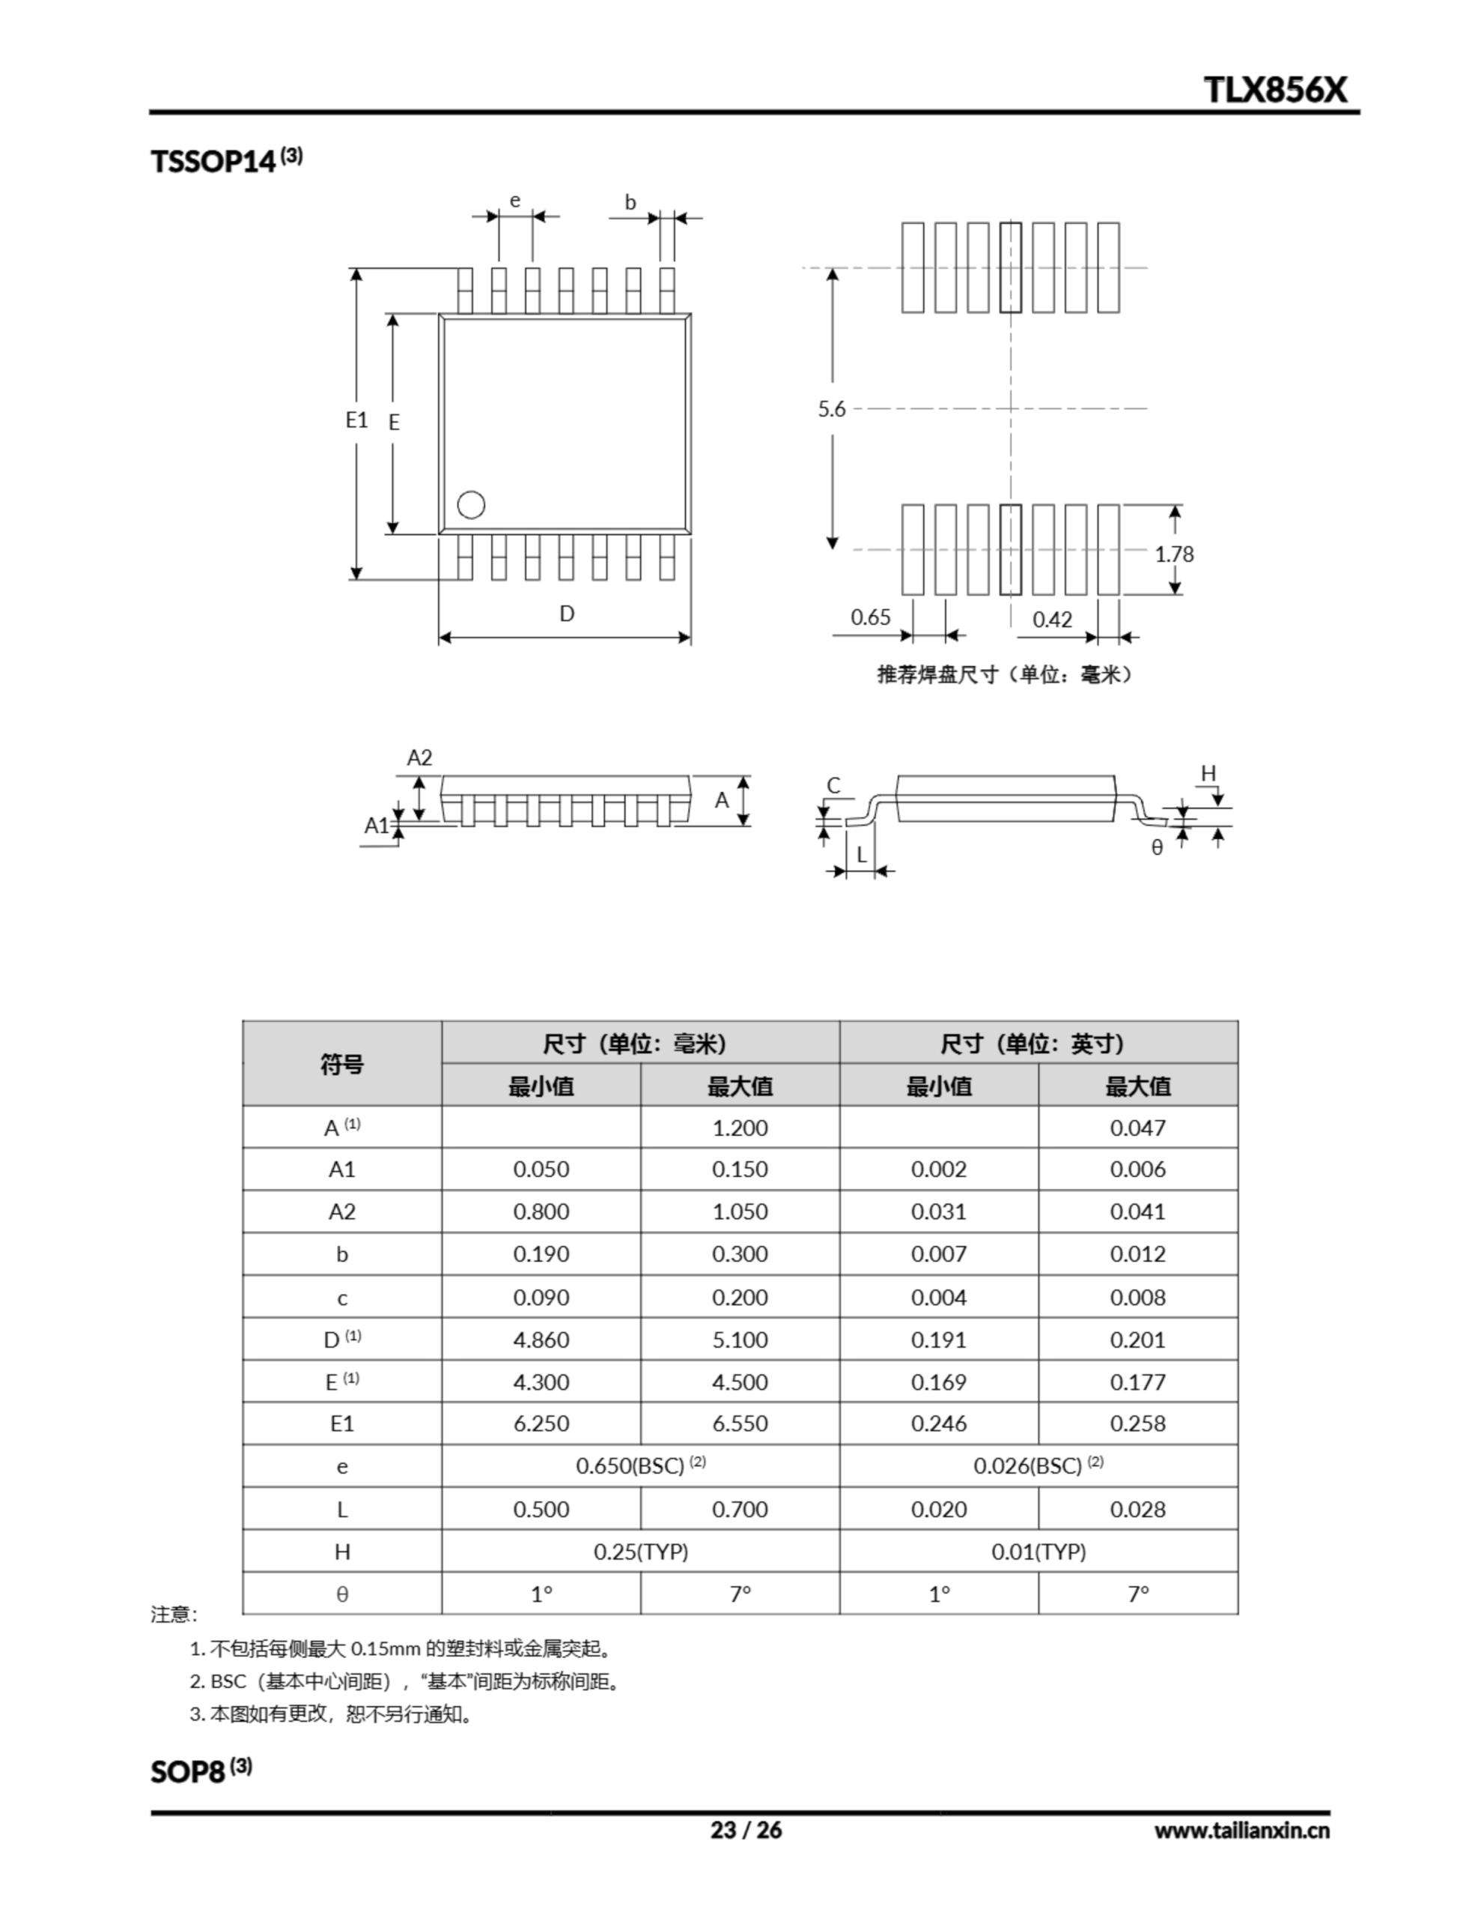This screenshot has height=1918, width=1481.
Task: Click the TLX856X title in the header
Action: [x=1274, y=90]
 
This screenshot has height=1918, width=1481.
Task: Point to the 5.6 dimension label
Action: [x=831, y=408]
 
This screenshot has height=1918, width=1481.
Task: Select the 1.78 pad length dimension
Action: [x=1174, y=554]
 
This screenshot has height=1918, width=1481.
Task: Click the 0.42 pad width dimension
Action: [x=1052, y=620]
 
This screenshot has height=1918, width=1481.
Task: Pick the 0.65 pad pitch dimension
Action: [x=870, y=617]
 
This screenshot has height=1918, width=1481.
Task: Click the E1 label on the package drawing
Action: [x=356, y=420]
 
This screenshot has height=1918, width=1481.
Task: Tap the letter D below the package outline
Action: [x=567, y=614]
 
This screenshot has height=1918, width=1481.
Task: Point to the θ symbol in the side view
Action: [x=1157, y=847]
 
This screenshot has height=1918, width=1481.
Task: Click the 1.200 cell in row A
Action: [x=740, y=1128]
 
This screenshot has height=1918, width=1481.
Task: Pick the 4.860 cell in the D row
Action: [x=541, y=1340]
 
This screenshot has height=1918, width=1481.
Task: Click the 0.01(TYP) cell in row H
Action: [x=1038, y=1552]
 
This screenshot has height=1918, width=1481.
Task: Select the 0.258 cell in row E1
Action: [x=1138, y=1424]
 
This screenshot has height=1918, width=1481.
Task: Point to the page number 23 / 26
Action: [x=745, y=1830]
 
